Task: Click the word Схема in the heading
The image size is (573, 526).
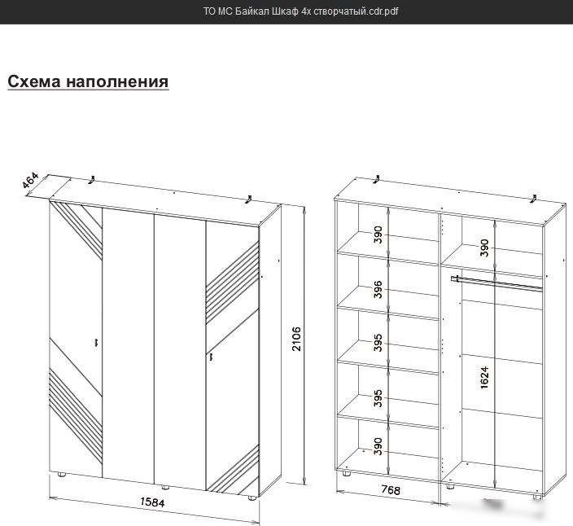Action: [33, 81]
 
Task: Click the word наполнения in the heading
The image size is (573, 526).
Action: [117, 81]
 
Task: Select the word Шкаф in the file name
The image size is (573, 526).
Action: [286, 11]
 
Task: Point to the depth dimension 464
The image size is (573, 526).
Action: [30, 180]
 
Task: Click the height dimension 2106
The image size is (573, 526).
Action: [296, 339]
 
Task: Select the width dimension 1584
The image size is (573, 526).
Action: [152, 502]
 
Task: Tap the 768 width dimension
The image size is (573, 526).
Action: [391, 490]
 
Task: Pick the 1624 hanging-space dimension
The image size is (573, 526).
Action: [484, 378]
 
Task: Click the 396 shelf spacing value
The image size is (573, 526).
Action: [378, 290]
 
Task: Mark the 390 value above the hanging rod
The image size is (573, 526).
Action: [484, 248]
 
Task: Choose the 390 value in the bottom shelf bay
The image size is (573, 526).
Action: [378, 446]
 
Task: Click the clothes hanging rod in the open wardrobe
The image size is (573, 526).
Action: [496, 283]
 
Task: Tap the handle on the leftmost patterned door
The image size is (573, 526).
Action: [96, 342]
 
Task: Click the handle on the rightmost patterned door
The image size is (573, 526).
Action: [211, 357]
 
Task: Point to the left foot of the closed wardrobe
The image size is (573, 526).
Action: [61, 475]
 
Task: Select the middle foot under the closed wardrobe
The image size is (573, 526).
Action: [165, 487]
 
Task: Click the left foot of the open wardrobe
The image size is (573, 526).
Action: [346, 473]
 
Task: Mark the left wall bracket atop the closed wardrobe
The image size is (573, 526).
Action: [92, 179]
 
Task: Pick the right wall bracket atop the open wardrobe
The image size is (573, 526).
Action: [534, 199]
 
